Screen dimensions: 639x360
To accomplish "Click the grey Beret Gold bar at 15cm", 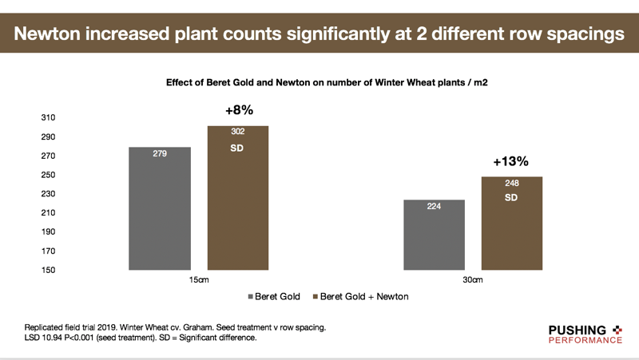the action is pyautogui.click(x=160, y=208).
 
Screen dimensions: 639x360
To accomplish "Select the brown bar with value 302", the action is pyautogui.click(x=238, y=198).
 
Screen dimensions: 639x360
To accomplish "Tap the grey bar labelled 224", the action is pyautogui.click(x=434, y=235).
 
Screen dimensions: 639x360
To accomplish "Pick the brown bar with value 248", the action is pyautogui.click(x=512, y=224).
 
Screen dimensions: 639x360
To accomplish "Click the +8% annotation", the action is pyautogui.click(x=239, y=110).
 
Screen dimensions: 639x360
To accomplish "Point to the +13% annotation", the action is pyautogui.click(x=510, y=161).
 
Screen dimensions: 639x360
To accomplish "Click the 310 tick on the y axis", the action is pyautogui.click(x=48, y=117).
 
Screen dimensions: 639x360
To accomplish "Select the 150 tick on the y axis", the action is pyautogui.click(x=48, y=270).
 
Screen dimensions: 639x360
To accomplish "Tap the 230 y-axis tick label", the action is pyautogui.click(x=48, y=193).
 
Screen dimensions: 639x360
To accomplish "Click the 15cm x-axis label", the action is pyautogui.click(x=199, y=279).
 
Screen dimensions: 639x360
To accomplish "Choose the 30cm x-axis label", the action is pyautogui.click(x=473, y=279).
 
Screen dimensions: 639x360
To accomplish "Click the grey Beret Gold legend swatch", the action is pyautogui.click(x=250, y=297).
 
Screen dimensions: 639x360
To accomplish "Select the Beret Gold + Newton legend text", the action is pyautogui.click(x=364, y=296).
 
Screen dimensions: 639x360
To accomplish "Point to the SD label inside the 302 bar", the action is pyautogui.click(x=236, y=148).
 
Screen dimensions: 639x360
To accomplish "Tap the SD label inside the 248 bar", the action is pyautogui.click(x=511, y=198).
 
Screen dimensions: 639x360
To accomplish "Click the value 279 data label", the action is pyautogui.click(x=160, y=153).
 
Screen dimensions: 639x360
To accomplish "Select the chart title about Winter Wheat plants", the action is pyautogui.click(x=327, y=83).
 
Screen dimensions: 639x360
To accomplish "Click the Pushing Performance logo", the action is pyautogui.click(x=585, y=334).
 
